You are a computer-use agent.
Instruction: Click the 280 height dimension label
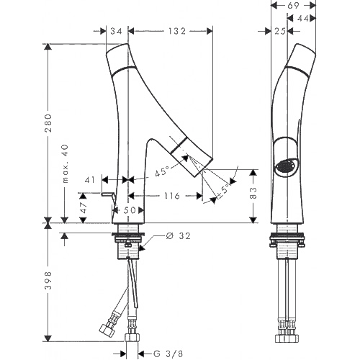point(49,123)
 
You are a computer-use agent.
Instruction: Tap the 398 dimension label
point(49,280)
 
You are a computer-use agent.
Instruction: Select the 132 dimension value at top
point(176,31)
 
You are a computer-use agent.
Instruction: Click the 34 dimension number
point(116,31)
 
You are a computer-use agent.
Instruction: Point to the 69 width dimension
point(293,5)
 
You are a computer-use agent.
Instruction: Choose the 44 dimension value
point(303,18)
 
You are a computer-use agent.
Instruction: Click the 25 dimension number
point(280,31)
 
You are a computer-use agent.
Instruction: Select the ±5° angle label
point(223,192)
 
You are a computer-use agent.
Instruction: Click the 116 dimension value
point(172,196)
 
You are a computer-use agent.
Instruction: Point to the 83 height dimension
point(253,193)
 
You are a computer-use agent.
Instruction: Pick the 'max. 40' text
point(65,163)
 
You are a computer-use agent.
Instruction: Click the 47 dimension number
point(84,207)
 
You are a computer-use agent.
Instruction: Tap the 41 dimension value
point(90,179)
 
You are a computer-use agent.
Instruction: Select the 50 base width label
point(130,210)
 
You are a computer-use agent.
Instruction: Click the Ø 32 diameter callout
point(178,236)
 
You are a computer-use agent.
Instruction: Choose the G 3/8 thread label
point(168,354)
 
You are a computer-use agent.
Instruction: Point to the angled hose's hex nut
point(106,328)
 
